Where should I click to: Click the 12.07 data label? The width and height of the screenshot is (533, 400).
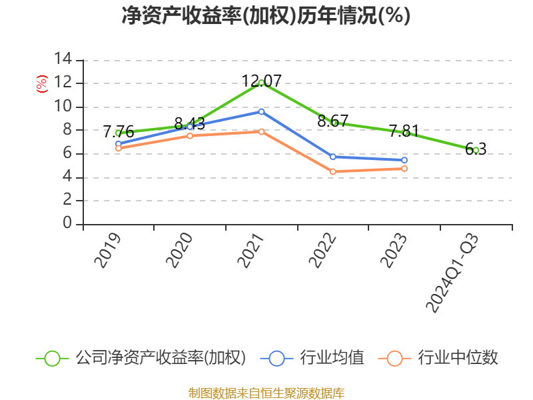pos(261,81)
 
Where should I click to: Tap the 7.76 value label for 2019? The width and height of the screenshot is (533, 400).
pos(119,132)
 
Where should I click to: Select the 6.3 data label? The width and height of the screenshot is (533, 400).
pos(476,149)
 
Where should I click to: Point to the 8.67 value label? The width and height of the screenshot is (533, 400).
pos(333,121)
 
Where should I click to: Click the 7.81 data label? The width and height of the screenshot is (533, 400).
pos(404,131)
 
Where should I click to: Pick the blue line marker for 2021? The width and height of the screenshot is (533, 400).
pos(261,111)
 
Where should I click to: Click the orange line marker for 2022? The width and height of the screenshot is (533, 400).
pos(333,171)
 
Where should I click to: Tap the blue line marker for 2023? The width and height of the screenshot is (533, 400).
pos(404,160)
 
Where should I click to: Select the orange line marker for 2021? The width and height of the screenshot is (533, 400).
pos(261,131)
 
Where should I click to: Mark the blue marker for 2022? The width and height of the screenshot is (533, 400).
pos(333,157)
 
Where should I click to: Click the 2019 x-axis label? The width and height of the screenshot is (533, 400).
pos(108,251)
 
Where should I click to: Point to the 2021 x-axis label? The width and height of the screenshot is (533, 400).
pos(251,251)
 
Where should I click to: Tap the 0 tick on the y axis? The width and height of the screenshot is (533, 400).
pos(67,224)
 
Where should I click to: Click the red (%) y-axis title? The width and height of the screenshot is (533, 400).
pos(41,84)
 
